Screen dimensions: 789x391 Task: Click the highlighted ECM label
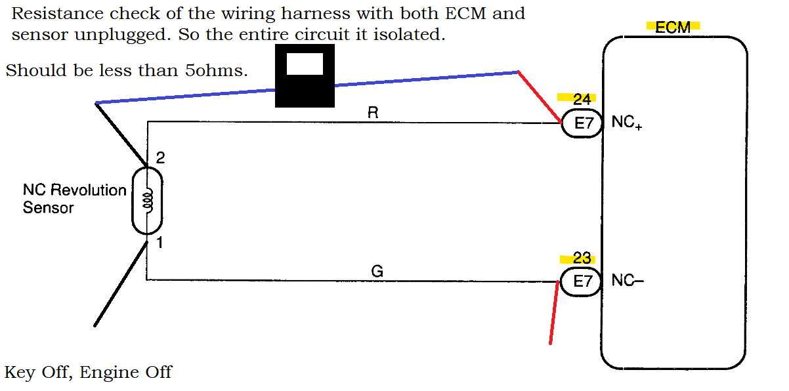673,27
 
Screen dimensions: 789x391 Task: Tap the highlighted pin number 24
582,99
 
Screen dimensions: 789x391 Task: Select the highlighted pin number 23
582,258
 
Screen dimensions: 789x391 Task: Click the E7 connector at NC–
582,281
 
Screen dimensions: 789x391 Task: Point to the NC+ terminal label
626,123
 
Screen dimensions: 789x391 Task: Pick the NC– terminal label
627,281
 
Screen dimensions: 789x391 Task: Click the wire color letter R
373,113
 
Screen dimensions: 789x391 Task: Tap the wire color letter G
377,271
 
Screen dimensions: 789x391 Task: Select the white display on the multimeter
305,64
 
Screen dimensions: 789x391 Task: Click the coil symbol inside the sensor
148,200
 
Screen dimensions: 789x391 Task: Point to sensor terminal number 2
160,158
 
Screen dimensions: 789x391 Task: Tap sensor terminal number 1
159,243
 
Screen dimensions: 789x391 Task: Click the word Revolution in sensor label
89,190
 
